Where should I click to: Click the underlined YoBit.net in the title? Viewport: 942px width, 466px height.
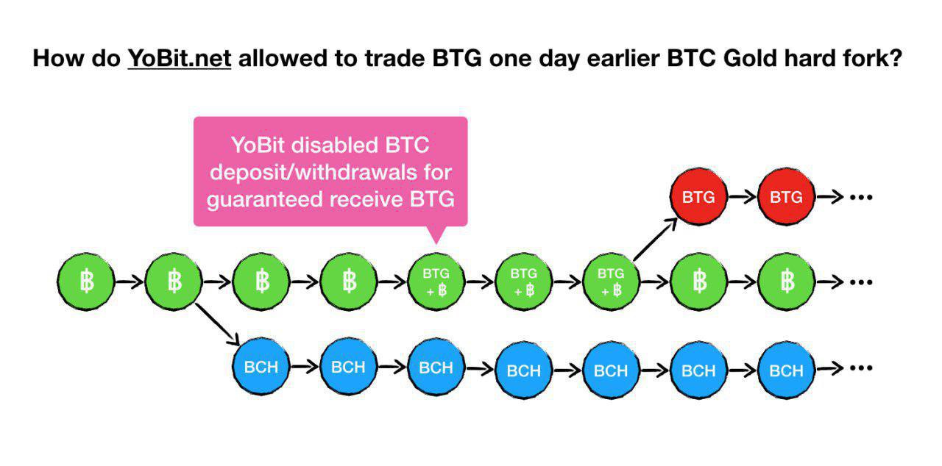180,58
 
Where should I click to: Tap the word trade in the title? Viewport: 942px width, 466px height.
394,58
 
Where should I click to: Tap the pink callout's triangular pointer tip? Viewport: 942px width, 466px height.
436,243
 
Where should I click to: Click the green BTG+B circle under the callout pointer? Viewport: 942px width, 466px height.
436,282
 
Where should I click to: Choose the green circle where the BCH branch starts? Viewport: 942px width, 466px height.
173,282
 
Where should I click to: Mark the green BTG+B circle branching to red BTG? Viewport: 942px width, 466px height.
611,282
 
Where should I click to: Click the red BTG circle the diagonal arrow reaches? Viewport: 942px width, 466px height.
698,197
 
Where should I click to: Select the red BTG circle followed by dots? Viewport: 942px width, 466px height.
786,197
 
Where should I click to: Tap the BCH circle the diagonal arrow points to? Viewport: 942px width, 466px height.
261,367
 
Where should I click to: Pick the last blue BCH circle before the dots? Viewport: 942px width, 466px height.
786,370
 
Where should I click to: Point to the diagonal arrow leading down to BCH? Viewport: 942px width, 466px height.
217,324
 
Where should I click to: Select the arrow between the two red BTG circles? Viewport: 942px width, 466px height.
743,197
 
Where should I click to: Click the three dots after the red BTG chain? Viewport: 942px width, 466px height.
861,197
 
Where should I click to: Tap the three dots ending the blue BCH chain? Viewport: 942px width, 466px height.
861,368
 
